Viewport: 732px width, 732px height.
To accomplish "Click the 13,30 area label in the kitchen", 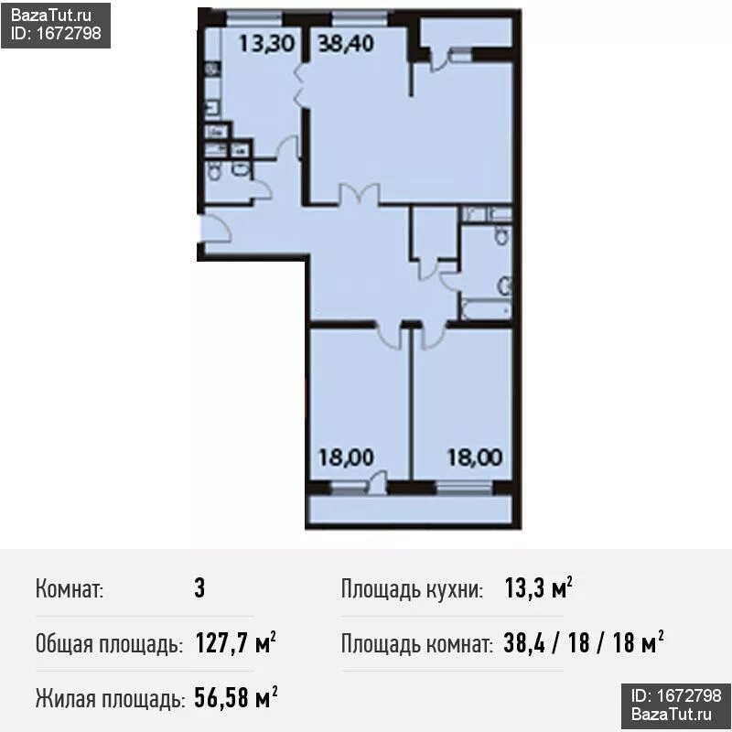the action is click(266, 44).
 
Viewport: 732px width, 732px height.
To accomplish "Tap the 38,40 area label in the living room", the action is click(346, 43).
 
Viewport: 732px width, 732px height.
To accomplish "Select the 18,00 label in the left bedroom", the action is click(346, 457).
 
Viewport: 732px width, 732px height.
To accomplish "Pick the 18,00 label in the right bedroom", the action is click(475, 457).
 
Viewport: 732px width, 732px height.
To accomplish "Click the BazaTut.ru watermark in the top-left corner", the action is click(51, 16).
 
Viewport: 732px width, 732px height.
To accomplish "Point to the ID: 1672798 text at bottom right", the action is click(676, 695).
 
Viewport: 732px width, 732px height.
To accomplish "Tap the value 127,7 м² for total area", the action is click(235, 643).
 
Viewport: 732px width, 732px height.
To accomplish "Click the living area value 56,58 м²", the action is click(236, 698).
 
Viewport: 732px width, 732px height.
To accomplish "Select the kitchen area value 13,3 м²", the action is click(539, 587).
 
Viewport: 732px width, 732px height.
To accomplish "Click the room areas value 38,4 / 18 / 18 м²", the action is click(584, 643).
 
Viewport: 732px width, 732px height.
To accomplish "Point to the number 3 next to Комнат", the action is click(199, 588).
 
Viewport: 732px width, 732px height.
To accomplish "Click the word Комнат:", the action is click(70, 588).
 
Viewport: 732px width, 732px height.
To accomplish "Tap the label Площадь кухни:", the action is click(413, 589).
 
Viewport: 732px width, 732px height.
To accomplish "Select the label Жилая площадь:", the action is click(110, 699).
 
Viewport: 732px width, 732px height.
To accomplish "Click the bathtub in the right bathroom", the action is click(486, 309).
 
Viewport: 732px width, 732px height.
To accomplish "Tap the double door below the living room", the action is click(359, 194).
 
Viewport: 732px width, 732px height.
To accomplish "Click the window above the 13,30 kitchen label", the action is click(254, 18).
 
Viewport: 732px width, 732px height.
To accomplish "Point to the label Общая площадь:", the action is click(109, 644).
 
